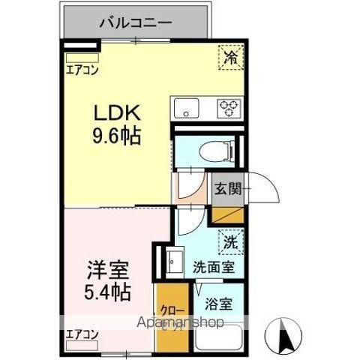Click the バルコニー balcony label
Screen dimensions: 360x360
pyautogui.click(x=136, y=22)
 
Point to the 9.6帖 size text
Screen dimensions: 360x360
pyautogui.click(x=116, y=136)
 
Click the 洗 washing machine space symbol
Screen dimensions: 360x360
pyautogui.click(x=232, y=241)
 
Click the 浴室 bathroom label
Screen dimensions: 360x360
pyautogui.click(x=219, y=305)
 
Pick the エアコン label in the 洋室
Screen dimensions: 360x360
pyautogui.click(x=81, y=334)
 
